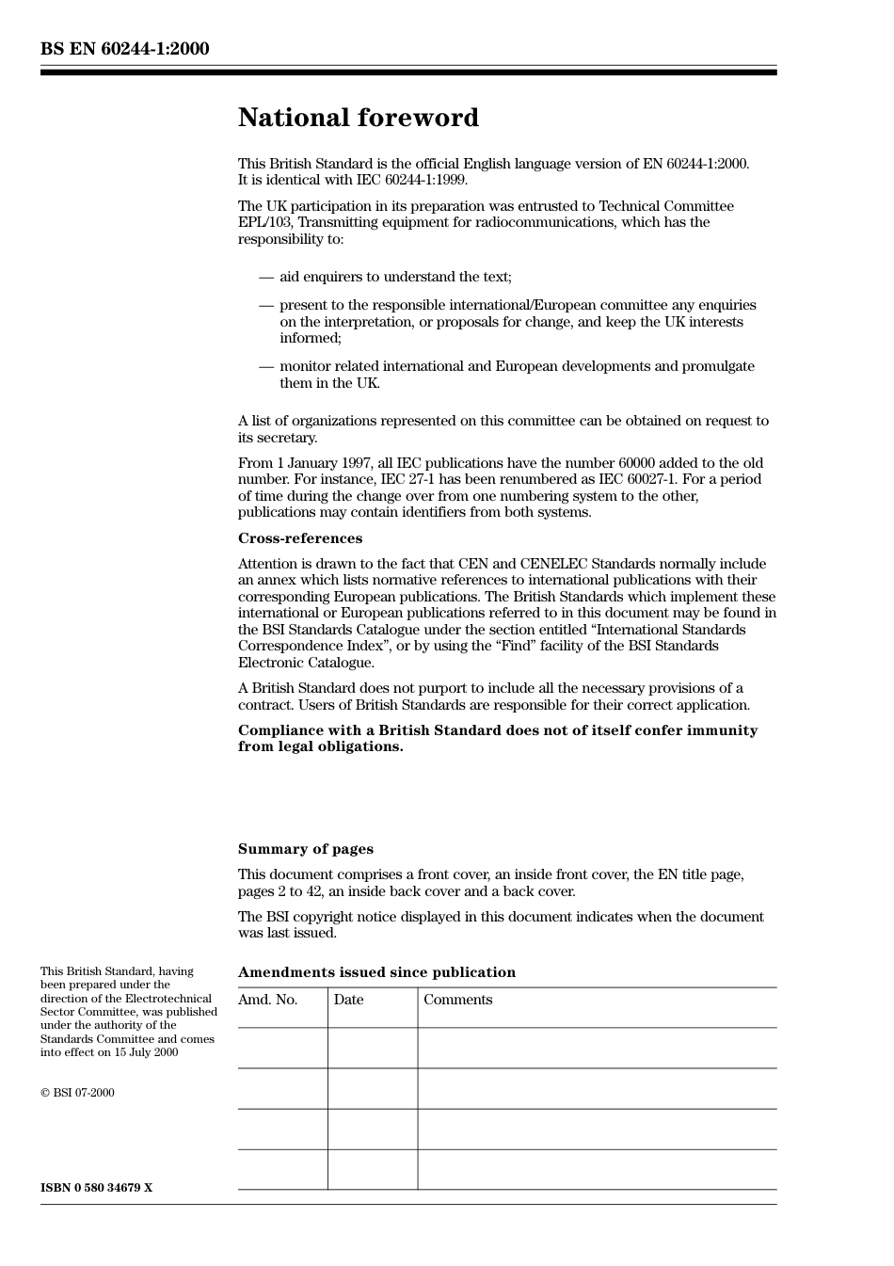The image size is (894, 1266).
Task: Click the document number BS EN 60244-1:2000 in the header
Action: click(124, 49)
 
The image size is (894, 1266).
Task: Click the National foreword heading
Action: click(358, 118)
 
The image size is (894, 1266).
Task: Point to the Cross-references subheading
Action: click(299, 538)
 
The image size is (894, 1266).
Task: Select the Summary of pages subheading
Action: click(305, 849)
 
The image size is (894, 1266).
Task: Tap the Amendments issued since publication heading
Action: click(376, 972)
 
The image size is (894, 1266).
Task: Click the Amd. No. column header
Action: click(267, 1000)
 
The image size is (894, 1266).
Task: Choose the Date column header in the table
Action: click(348, 1000)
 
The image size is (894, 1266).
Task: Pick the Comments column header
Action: click(457, 1000)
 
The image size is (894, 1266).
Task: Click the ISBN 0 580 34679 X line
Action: click(96, 1188)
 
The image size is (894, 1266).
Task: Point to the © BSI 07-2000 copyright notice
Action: click(77, 1093)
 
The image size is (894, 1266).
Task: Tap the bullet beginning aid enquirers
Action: click(395, 277)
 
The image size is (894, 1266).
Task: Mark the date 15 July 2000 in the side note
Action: click(146, 1052)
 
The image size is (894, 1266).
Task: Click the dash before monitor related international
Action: click(266, 366)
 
